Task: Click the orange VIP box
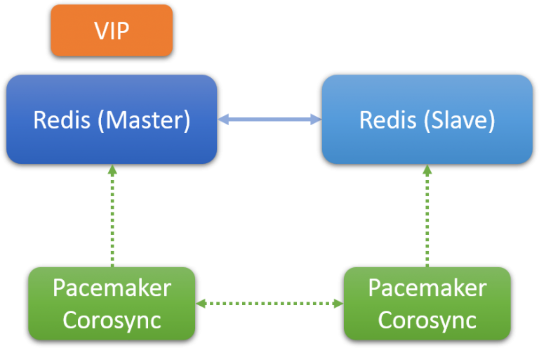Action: click(112, 30)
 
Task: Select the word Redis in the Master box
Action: click(62, 120)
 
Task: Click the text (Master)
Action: click(144, 120)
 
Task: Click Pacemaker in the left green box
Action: click(112, 288)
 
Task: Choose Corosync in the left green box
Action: click(112, 319)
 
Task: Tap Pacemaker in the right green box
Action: click(427, 288)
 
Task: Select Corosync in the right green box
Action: click(427, 319)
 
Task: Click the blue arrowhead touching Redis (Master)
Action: click(223, 120)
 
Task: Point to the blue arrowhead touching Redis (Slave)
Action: click(316, 120)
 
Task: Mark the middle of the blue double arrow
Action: click(269, 120)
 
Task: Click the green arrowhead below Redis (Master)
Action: click(112, 169)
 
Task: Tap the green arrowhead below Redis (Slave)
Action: click(427, 169)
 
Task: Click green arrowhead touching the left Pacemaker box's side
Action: click(201, 304)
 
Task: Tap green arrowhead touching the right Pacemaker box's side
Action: click(338, 304)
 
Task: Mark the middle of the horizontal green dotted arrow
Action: click(269, 304)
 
